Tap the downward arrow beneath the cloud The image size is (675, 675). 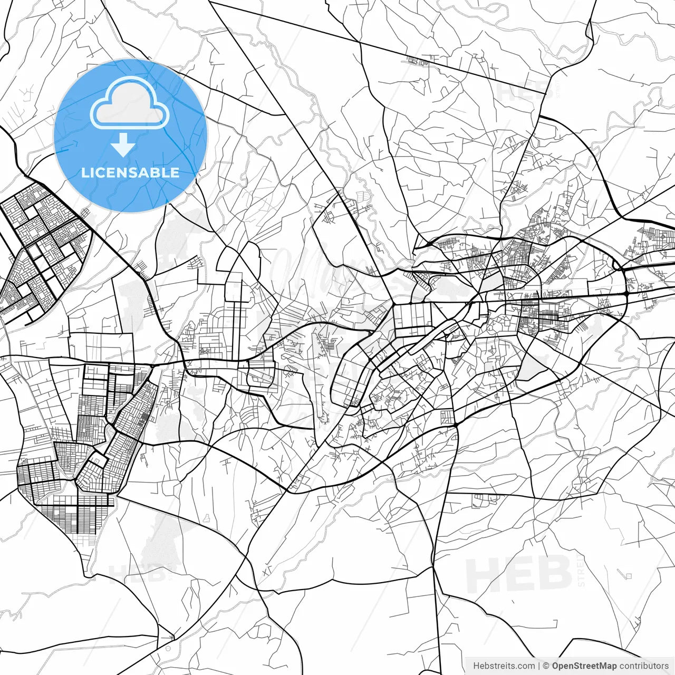(x=123, y=145)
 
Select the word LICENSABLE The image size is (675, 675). (x=130, y=172)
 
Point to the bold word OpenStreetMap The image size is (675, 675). (x=584, y=666)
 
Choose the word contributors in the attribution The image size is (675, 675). (x=644, y=666)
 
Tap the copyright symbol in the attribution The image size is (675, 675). (x=546, y=666)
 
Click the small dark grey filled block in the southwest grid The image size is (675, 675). (x=144, y=419)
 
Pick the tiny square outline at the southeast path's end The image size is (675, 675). (x=628, y=576)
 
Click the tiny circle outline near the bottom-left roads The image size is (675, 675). (x=168, y=648)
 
